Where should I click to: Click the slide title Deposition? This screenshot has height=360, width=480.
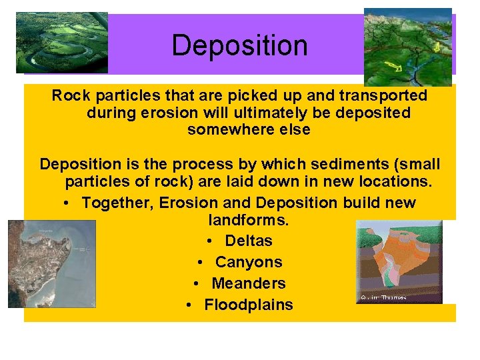click(x=239, y=46)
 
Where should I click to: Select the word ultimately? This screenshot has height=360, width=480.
click(x=292, y=113)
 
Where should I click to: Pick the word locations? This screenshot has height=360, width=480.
click(x=394, y=181)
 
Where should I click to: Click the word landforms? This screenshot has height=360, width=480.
click(x=249, y=220)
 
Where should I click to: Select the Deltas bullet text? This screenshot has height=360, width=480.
click(x=249, y=241)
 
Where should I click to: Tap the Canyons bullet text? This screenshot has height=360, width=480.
click(x=249, y=262)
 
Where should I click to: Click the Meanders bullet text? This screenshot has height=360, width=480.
click(x=249, y=283)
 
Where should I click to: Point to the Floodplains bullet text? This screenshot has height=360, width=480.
click(x=249, y=305)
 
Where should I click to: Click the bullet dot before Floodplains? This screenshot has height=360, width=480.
click(x=190, y=305)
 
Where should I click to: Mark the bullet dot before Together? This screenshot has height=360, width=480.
click(x=69, y=203)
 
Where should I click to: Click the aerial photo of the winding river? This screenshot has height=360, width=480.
click(x=62, y=42)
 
